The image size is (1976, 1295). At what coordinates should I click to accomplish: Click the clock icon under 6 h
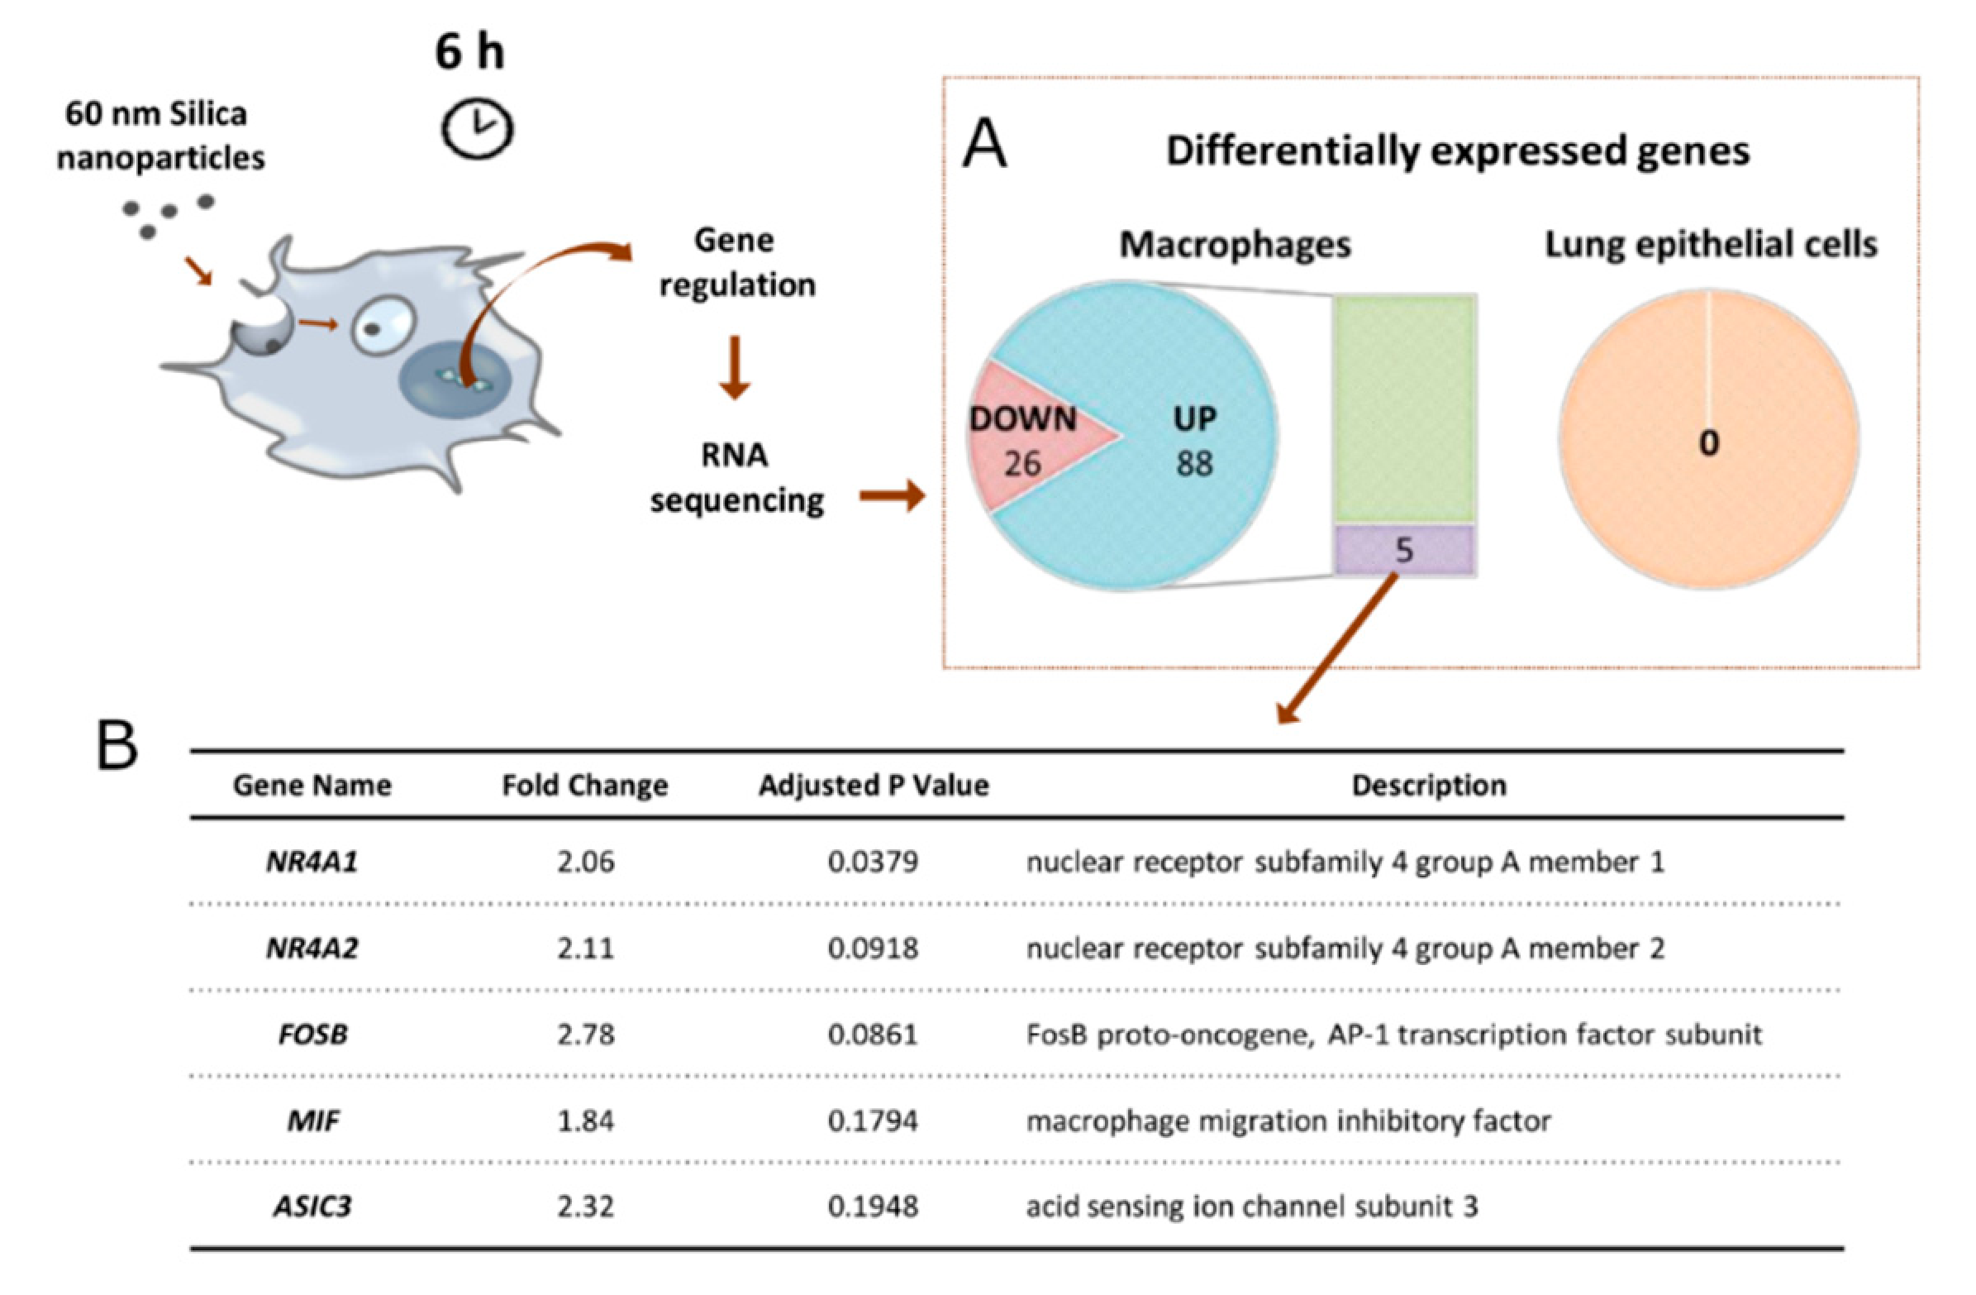(x=477, y=129)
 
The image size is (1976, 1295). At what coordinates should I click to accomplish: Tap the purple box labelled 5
(x=1404, y=550)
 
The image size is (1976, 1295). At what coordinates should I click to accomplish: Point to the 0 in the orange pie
(x=1709, y=443)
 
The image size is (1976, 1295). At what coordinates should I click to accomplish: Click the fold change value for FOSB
(x=585, y=1035)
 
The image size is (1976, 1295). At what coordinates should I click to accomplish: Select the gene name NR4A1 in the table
(x=312, y=863)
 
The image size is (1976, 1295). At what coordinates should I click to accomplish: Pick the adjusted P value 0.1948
(x=873, y=1207)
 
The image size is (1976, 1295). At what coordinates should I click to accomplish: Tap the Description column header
(x=1429, y=786)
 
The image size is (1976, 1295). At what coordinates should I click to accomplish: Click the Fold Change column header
(x=584, y=786)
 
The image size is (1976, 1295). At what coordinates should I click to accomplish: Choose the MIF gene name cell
(x=313, y=1121)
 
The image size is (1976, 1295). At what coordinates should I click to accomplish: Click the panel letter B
(x=117, y=746)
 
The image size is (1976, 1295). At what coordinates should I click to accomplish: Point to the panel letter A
(x=984, y=145)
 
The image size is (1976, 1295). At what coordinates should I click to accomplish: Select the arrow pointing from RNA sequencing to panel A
(x=892, y=497)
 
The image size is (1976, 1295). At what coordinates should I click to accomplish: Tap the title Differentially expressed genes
(x=1457, y=151)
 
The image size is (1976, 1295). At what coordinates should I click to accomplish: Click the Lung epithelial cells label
(x=1711, y=244)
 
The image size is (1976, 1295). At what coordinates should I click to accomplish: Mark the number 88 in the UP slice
(x=1194, y=464)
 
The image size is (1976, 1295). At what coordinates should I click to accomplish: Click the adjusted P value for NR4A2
(x=873, y=949)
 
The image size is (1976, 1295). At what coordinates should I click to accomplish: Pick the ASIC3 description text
(x=1251, y=1207)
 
